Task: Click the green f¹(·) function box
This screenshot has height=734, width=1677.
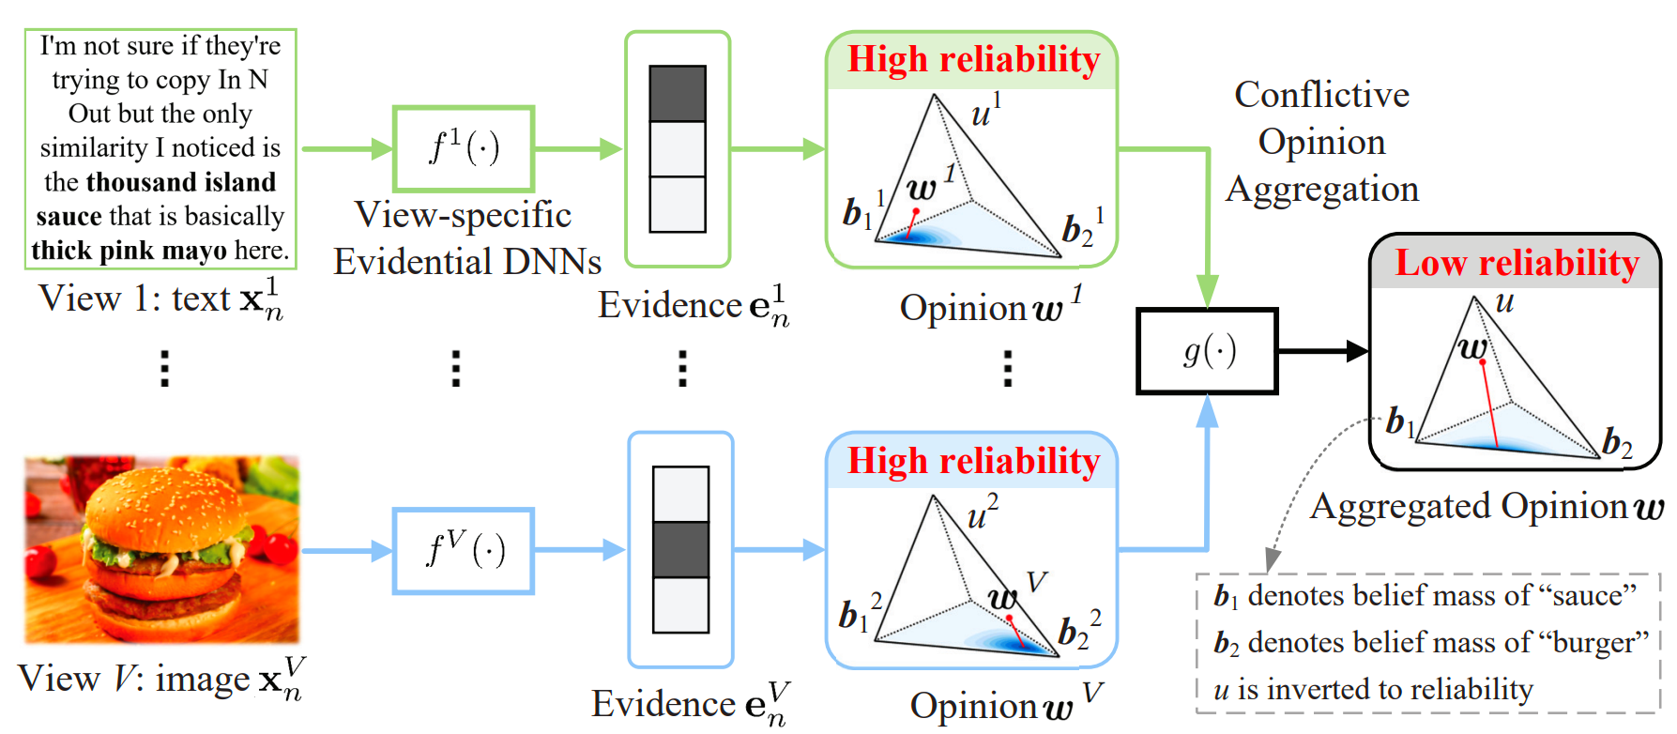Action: pyautogui.click(x=464, y=148)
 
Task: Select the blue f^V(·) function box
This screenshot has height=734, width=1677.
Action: pyautogui.click(x=464, y=551)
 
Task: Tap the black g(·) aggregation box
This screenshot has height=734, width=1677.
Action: pyautogui.click(x=1207, y=351)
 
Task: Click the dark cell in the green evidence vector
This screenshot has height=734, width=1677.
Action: pyautogui.click(x=678, y=94)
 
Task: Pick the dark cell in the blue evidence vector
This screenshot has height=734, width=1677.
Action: pyautogui.click(x=680, y=550)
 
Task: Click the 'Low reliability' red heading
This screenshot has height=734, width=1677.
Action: pyautogui.click(x=1517, y=263)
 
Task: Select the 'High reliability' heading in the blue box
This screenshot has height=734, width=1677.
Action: pyautogui.click(x=973, y=461)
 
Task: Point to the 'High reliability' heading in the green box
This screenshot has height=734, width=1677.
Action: pyautogui.click(x=973, y=59)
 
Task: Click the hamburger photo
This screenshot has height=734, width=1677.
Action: pyautogui.click(x=161, y=549)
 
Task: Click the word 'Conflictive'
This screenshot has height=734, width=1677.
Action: pyautogui.click(x=1321, y=95)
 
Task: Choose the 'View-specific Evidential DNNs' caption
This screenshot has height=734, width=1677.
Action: pyautogui.click(x=466, y=238)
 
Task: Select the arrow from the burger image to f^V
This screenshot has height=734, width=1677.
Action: pyautogui.click(x=345, y=551)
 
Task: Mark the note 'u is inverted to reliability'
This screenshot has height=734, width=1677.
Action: pyautogui.click(x=1373, y=690)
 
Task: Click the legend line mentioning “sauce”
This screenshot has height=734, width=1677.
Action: pyautogui.click(x=1425, y=595)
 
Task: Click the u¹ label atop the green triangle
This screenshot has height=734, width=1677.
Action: pyautogui.click(x=985, y=112)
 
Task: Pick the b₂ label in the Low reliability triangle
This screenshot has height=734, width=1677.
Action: pyautogui.click(x=1616, y=442)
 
